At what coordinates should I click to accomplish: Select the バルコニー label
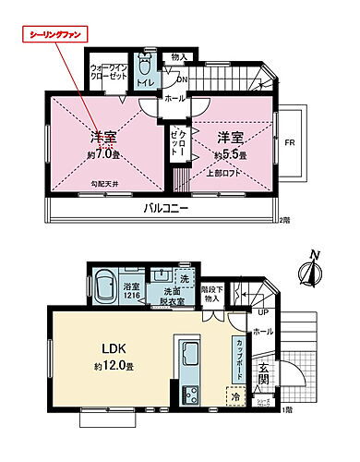[x=166, y=209]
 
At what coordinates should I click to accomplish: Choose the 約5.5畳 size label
[x=230, y=154]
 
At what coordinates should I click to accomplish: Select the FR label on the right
[x=289, y=142]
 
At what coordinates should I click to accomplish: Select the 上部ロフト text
[x=246, y=172]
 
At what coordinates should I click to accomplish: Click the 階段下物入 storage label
[x=213, y=293]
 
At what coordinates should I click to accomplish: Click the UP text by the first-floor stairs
[x=251, y=312]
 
